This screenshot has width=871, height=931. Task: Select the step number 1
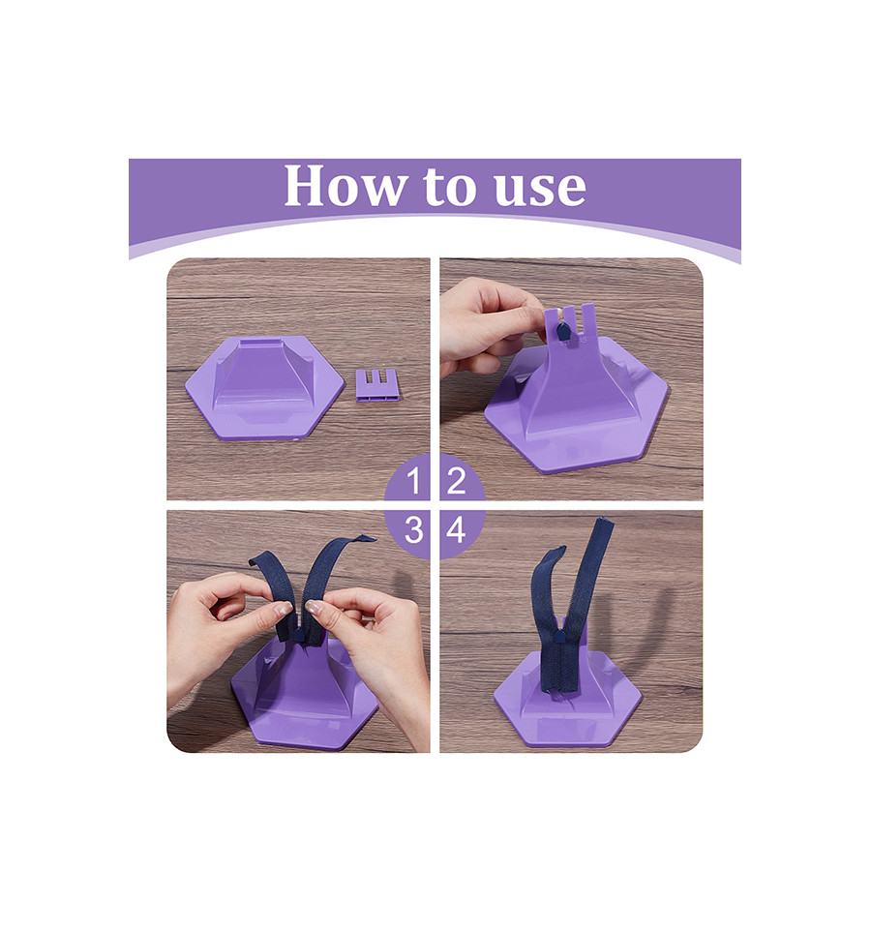coord(414,480)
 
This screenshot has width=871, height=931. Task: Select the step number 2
coord(456,480)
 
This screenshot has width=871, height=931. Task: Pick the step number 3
coord(413,529)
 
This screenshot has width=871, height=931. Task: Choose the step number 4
coord(456,529)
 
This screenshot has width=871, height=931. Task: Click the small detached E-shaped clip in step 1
coord(377,385)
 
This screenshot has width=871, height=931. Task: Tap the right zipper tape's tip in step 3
coord(368,538)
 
